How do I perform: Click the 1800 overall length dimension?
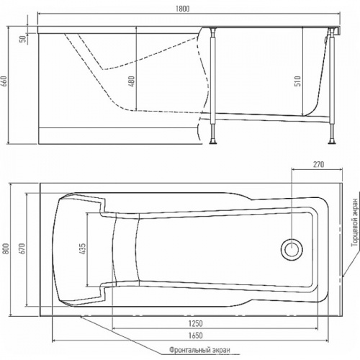coord(182,9)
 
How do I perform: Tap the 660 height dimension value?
coord(5,82)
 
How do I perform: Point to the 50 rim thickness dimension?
coord(22,39)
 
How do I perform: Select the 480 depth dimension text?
coord(132,81)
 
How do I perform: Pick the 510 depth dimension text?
coord(297,81)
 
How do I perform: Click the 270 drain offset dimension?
coord(318,164)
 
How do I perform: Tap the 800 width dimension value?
coord(6,248)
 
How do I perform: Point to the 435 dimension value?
coord(82,248)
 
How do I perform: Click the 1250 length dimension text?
coord(195,323)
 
